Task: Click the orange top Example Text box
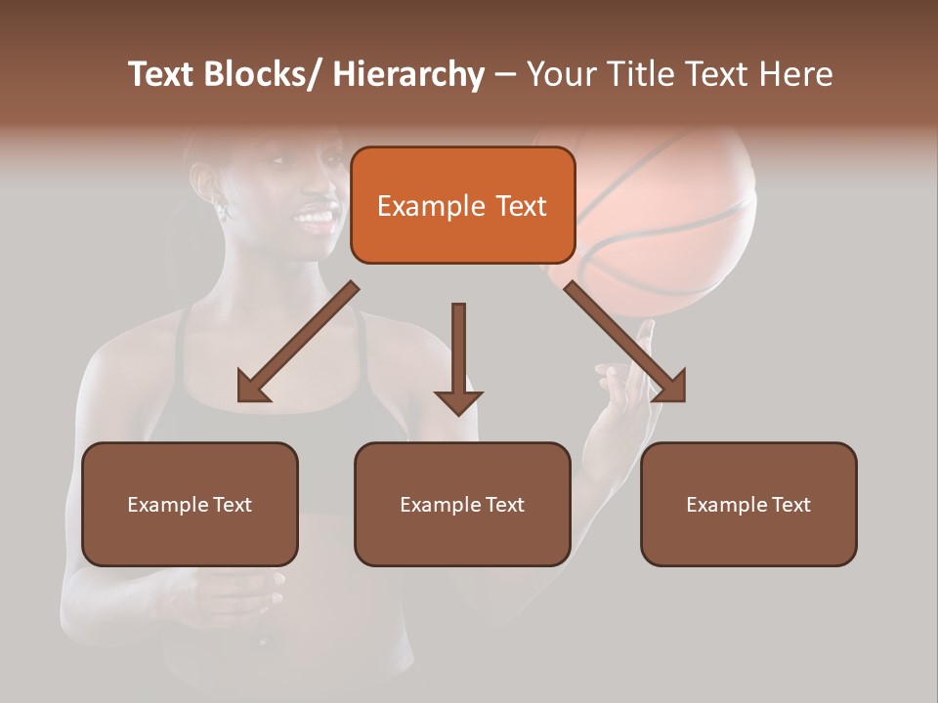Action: pos(462,205)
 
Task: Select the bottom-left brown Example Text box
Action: pos(190,504)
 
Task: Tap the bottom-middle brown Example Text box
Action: pos(462,504)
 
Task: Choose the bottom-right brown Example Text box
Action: pos(748,504)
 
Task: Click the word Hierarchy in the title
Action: pos(408,75)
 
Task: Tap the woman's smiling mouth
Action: pos(316,216)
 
